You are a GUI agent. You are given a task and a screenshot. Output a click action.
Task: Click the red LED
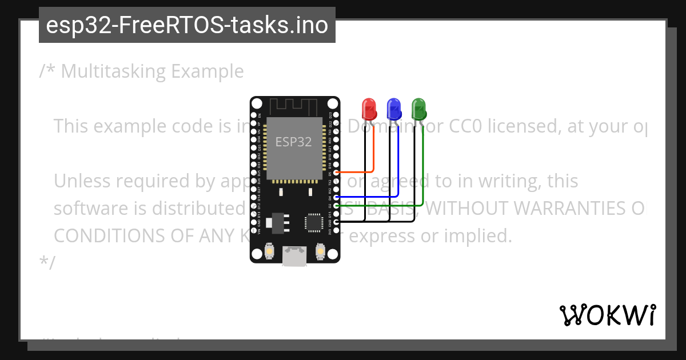pos(369,109)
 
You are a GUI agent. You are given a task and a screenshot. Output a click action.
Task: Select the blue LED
pos(394,109)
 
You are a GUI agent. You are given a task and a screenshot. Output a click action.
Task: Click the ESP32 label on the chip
pos(294,142)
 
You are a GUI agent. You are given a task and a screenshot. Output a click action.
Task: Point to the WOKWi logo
pos(607,315)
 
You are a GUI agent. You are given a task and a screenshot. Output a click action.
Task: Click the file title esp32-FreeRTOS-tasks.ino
pos(187,25)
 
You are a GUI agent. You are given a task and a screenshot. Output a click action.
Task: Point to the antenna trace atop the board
pos(294,106)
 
